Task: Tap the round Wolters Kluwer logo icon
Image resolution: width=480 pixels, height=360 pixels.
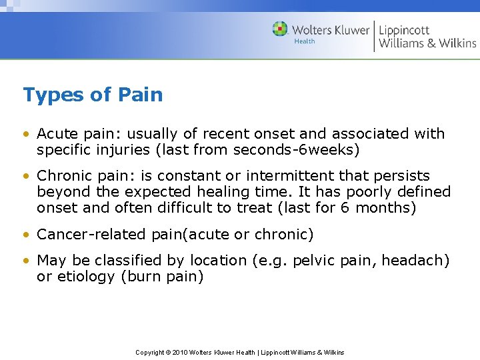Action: coord(280,29)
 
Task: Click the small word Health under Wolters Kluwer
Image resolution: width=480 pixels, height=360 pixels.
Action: coord(305,41)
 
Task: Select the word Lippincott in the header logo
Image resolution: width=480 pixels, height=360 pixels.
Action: coord(404,30)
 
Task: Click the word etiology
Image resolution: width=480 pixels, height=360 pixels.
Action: coord(85,277)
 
